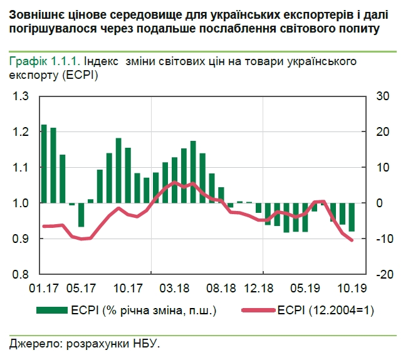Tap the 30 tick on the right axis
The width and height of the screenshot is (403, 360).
[382, 96]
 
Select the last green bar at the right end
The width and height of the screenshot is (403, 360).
[352, 217]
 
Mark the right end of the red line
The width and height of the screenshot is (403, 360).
[352, 240]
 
